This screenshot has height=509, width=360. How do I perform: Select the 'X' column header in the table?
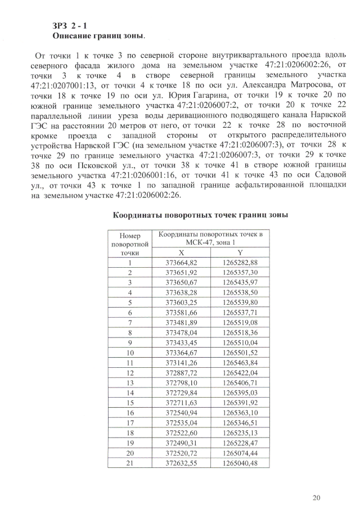[x=181, y=254]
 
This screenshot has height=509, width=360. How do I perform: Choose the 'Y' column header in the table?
[x=240, y=254]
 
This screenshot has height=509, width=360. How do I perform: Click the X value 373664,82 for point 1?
[x=181, y=263]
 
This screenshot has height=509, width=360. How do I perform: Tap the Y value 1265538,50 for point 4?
[x=240, y=292]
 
